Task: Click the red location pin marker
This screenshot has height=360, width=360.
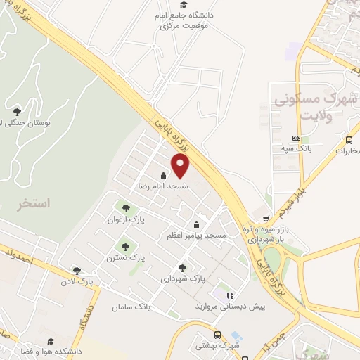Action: coord(181,166)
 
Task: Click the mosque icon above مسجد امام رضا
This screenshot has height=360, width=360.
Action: coord(163,176)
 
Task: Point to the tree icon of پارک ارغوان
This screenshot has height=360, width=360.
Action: coord(125,208)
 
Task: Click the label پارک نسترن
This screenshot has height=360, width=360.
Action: coord(126,258)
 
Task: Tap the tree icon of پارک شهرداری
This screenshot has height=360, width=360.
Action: coord(183,267)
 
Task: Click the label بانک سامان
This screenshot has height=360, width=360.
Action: coord(131,307)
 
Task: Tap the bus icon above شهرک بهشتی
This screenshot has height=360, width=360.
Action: coord(218,335)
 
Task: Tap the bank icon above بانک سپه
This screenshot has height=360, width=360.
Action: coord(296,138)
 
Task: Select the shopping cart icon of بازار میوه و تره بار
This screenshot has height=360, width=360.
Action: coord(265,219)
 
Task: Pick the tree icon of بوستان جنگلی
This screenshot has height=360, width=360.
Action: coord(17,110)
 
